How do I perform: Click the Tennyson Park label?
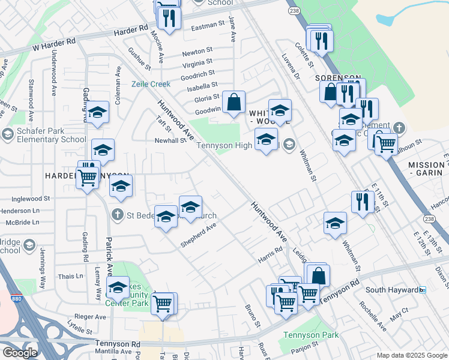point(312,335)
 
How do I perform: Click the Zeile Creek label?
point(151,85)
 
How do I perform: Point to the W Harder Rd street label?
point(54,44)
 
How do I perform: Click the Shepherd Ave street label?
point(199,235)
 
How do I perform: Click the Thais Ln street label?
point(71,275)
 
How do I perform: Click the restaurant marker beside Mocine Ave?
point(169,19)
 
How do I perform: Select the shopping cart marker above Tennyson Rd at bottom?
point(163,304)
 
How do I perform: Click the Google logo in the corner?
point(20,353)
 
